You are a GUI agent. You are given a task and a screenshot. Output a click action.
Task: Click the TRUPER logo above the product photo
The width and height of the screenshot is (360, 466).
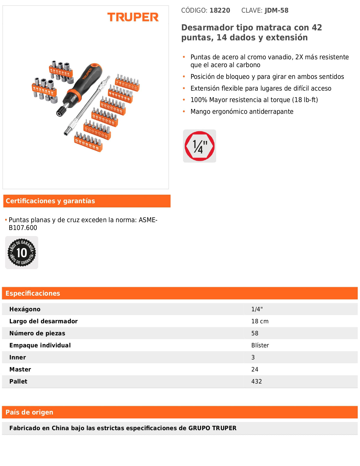tap(133, 17)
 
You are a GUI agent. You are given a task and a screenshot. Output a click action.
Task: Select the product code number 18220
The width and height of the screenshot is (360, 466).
tap(220, 11)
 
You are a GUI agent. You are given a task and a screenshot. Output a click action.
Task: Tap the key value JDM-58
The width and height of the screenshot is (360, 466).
tap(276, 11)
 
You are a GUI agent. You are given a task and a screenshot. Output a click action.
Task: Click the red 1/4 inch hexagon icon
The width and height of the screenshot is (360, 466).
tap(199, 146)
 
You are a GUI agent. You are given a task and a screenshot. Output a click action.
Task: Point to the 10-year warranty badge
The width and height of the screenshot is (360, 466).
tap(22, 253)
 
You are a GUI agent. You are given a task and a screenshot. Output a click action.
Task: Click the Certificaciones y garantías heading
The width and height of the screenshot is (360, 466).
tap(50, 201)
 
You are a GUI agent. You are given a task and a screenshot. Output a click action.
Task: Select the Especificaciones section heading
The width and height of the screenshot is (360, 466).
tap(33, 294)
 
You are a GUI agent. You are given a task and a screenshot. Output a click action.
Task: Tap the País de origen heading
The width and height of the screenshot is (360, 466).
tap(29, 412)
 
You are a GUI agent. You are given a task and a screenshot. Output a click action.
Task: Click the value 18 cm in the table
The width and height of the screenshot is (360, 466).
tap(260, 322)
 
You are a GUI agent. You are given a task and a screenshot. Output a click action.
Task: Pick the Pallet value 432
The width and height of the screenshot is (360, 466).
tap(256, 382)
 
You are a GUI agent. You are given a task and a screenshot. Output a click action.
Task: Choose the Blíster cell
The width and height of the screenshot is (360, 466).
tap(260, 346)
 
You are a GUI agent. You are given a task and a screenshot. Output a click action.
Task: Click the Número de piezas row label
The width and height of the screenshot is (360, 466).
tap(37, 334)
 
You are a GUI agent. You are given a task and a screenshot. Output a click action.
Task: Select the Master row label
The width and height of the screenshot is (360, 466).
tap(20, 370)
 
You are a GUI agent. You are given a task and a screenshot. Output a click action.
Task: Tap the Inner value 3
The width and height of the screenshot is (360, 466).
tap(253, 358)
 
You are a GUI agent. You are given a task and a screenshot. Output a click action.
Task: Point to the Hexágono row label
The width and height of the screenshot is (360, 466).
tap(25, 309)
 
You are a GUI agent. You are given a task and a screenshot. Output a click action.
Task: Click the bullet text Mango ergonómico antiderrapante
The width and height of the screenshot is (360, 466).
tap(242, 112)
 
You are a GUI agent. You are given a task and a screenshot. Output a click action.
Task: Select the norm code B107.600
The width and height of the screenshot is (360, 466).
tap(23, 228)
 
